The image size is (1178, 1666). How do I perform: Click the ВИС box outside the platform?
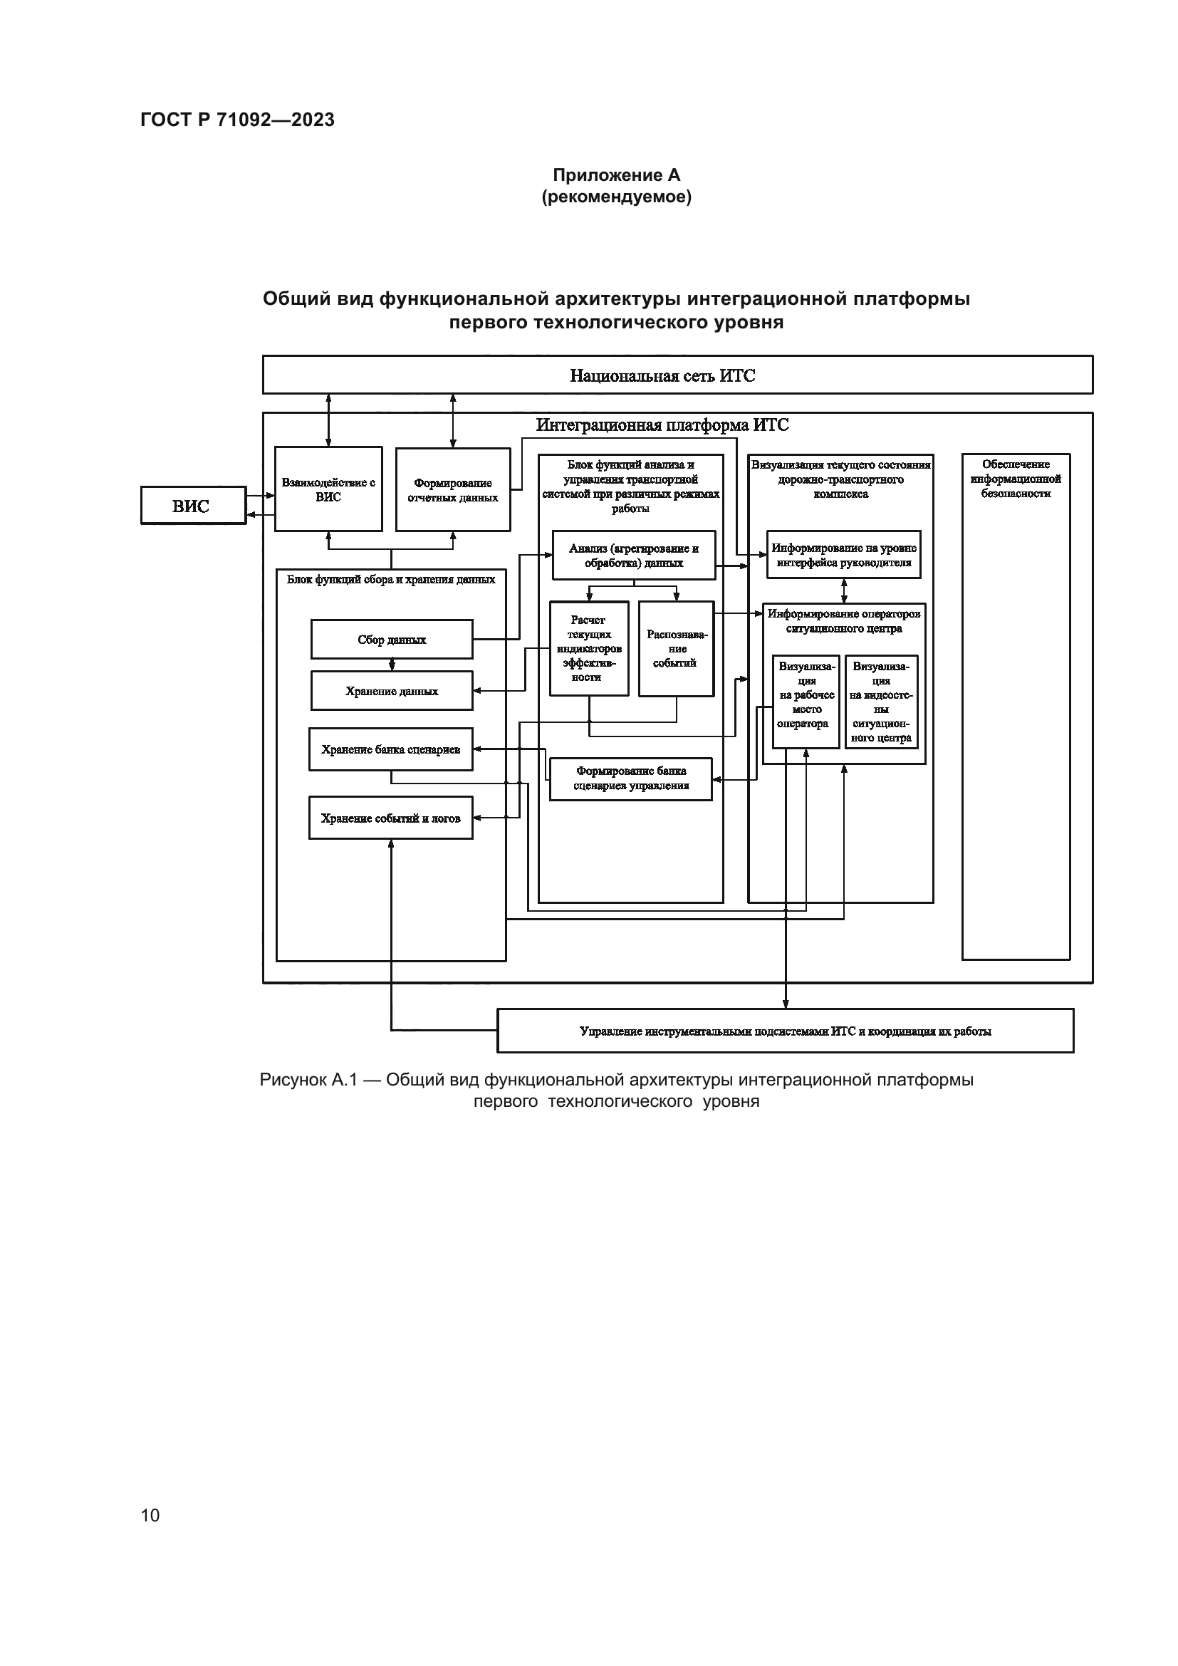click(193, 506)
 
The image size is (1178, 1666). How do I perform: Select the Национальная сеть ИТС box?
click(677, 375)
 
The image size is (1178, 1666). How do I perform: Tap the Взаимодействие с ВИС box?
click(328, 489)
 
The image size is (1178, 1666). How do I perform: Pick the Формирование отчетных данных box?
click(453, 490)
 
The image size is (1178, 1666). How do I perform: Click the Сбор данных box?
click(392, 639)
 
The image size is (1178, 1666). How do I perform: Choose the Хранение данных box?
click(392, 691)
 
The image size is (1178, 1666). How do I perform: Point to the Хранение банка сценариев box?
click(390, 749)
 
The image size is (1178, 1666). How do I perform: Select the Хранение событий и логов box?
click(390, 818)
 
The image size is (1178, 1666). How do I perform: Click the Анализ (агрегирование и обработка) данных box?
click(633, 555)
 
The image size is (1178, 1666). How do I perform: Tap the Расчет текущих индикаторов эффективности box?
click(588, 648)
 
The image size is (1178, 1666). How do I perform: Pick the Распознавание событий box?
click(676, 648)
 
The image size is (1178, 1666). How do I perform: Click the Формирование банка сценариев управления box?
click(630, 779)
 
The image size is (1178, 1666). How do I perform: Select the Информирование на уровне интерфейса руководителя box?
click(843, 555)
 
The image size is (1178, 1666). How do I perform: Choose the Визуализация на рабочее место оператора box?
click(806, 701)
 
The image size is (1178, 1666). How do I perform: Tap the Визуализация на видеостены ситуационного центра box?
click(880, 701)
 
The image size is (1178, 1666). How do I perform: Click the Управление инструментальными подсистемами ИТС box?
click(785, 1031)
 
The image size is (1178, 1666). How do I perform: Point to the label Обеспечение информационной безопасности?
click(1016, 479)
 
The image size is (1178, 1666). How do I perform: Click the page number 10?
click(150, 1515)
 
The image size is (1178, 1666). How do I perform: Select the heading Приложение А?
click(617, 175)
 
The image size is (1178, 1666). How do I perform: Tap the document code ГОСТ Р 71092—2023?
click(237, 120)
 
